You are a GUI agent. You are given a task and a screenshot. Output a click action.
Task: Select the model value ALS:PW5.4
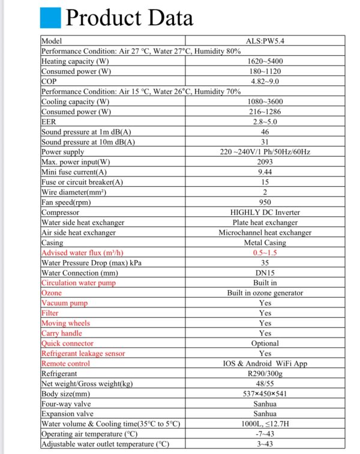[x=265, y=41]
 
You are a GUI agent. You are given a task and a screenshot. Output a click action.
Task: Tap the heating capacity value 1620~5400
[x=265, y=61]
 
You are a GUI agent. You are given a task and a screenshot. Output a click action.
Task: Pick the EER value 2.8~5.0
[x=265, y=121]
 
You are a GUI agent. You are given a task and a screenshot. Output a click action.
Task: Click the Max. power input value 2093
[x=265, y=162]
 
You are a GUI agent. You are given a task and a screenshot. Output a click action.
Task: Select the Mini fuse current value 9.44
[x=265, y=172]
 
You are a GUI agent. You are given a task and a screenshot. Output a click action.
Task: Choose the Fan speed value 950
[x=265, y=202]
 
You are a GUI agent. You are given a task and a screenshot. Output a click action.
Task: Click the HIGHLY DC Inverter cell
[x=265, y=213]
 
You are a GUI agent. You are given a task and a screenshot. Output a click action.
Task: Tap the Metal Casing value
[x=265, y=243]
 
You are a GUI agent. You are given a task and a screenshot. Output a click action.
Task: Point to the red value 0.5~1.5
[x=265, y=253]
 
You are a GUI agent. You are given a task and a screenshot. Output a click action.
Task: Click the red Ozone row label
[x=52, y=293]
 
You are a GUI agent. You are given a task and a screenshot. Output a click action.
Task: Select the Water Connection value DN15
[x=265, y=273]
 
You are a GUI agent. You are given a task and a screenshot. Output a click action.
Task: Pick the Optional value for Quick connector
[x=265, y=344]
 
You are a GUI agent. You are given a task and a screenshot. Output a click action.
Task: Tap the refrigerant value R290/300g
[x=265, y=374]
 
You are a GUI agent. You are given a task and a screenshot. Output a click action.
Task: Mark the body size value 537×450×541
[x=265, y=394]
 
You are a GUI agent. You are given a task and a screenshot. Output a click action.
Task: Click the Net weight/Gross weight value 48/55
[x=265, y=384]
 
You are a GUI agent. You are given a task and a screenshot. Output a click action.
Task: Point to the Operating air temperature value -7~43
[x=265, y=434]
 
